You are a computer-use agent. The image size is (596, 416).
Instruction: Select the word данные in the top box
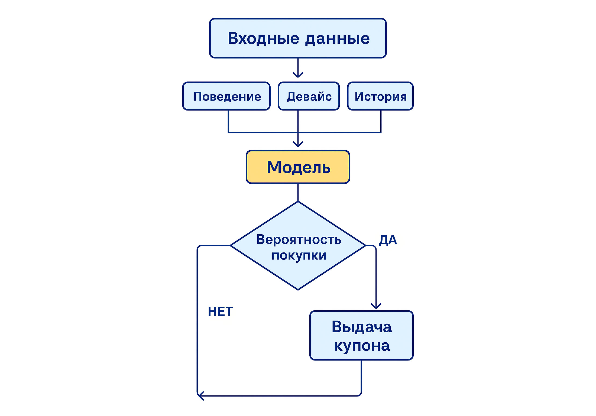click(337, 38)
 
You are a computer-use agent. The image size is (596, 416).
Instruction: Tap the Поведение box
click(226, 96)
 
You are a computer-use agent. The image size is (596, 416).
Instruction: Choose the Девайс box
click(309, 96)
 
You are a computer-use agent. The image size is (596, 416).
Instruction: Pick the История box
click(380, 96)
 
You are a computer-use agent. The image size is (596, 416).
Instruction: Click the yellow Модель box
click(298, 167)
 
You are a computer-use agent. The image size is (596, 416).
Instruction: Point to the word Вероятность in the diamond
click(299, 239)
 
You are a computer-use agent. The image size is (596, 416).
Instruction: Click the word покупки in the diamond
click(299, 255)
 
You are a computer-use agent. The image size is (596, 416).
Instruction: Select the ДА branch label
click(388, 240)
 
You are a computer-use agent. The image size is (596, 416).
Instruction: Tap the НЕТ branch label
click(220, 311)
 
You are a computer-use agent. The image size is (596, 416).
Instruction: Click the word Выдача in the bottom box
click(361, 327)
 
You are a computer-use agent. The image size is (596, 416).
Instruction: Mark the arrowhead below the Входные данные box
click(298, 75)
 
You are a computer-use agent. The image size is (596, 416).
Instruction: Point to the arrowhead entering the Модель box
click(298, 144)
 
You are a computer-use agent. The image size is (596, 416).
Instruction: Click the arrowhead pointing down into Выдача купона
click(376, 306)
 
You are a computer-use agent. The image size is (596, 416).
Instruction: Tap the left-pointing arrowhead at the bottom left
click(200, 396)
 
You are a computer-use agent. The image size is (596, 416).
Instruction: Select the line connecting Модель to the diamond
click(298, 192)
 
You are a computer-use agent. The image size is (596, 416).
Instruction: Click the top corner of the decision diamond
click(298, 202)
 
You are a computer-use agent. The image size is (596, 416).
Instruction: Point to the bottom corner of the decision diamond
click(298, 289)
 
